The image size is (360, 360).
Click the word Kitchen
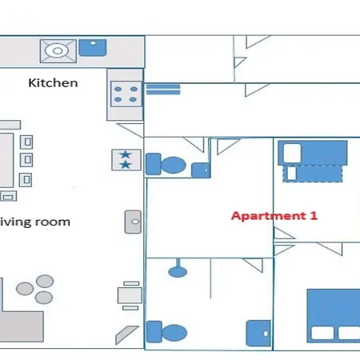(53, 83)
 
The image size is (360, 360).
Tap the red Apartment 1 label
(274, 216)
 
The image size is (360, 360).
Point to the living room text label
(35, 222)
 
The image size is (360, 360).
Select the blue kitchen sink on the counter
(93, 48)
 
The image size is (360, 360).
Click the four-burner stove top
(126, 94)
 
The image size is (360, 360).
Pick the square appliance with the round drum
(58, 51)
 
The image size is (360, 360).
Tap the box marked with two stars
(126, 160)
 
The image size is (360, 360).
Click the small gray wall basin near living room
(133, 222)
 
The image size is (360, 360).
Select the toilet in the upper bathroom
(166, 164)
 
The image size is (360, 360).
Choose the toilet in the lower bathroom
(166, 332)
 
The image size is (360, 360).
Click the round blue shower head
(178, 272)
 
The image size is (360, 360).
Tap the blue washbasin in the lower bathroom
(258, 333)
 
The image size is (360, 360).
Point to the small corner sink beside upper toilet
(201, 170)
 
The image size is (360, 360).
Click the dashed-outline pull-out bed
(313, 174)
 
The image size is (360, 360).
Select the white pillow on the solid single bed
(292, 153)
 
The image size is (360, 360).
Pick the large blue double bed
(334, 316)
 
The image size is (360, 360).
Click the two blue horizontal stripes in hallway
(163, 90)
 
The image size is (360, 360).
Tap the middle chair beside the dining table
(26, 160)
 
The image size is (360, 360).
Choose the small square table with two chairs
(130, 295)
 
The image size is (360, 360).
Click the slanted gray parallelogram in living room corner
(127, 334)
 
